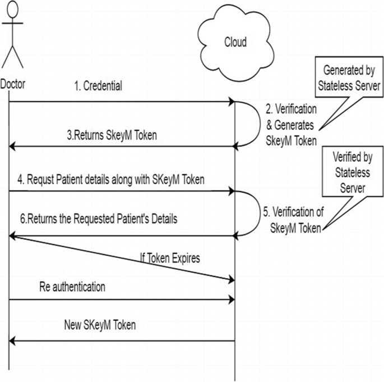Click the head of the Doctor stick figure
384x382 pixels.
click(x=13, y=10)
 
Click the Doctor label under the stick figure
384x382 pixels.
click(x=12, y=84)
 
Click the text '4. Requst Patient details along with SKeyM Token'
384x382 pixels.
click(x=107, y=180)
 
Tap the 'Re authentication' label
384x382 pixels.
click(x=73, y=286)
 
